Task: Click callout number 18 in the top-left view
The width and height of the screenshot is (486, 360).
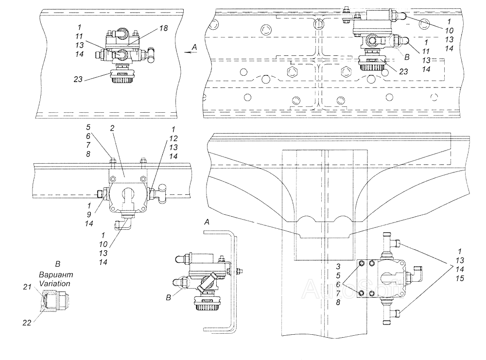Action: [x=164, y=28]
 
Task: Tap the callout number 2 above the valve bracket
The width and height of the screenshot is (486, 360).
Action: [x=112, y=128]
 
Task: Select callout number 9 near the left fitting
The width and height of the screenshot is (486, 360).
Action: [x=89, y=214]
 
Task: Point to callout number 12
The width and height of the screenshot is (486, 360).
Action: [x=174, y=138]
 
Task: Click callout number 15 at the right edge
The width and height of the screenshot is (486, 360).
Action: [x=460, y=278]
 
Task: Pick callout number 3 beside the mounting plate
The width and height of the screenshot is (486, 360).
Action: [x=338, y=266]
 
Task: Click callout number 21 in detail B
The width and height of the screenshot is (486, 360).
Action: [x=27, y=287]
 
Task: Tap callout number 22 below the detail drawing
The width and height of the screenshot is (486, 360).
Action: [x=27, y=323]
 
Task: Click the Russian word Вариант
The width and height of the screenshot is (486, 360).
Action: [x=56, y=274]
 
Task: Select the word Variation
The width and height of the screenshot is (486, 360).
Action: [x=54, y=283]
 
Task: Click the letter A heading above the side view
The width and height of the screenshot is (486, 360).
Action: [x=207, y=222]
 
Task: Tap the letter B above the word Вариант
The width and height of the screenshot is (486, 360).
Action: [x=58, y=264]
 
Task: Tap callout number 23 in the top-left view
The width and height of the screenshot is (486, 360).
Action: [x=78, y=79]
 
